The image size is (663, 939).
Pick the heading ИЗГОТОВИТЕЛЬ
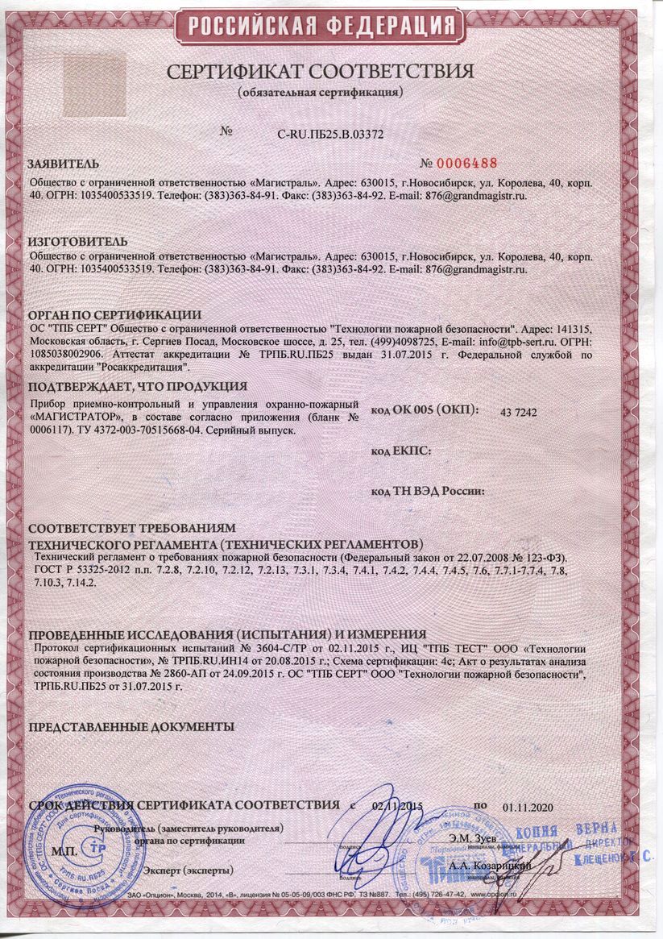tap(77, 242)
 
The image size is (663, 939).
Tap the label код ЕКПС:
tap(400, 451)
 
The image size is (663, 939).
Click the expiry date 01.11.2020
tap(524, 806)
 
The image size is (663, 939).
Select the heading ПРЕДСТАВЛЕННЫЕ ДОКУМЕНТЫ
tap(131, 726)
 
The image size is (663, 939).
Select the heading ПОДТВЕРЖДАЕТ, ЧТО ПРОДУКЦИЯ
tap(137, 387)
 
